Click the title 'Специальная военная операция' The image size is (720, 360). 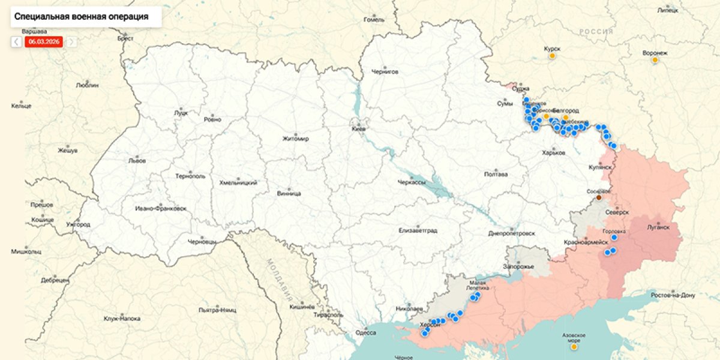coord(81,17)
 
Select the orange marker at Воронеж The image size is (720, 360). coord(655,60)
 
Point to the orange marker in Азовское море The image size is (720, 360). coord(574,346)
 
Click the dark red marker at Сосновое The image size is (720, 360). coord(599,197)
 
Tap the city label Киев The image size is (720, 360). coord(359,128)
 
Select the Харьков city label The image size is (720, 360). coord(553,153)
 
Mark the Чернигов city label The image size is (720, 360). coord(385,71)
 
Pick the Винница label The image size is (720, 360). coord(289,193)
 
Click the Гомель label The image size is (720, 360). coord(374,20)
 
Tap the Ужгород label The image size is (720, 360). coord(78,224)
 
